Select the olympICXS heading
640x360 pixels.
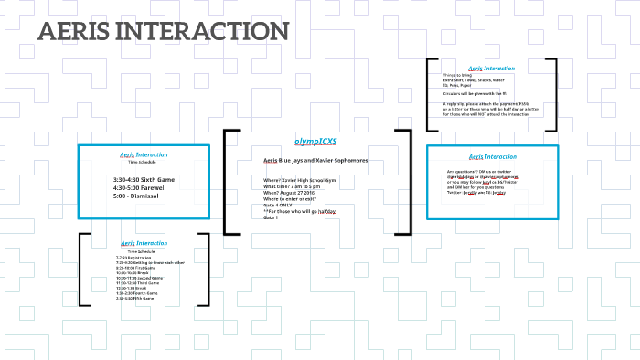pos(315,142)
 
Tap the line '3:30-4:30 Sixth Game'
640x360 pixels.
pos(144,179)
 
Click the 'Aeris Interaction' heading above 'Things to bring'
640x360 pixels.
pos(491,69)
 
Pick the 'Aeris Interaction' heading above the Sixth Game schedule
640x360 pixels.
pos(144,154)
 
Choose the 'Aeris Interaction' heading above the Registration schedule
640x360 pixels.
pos(144,243)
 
